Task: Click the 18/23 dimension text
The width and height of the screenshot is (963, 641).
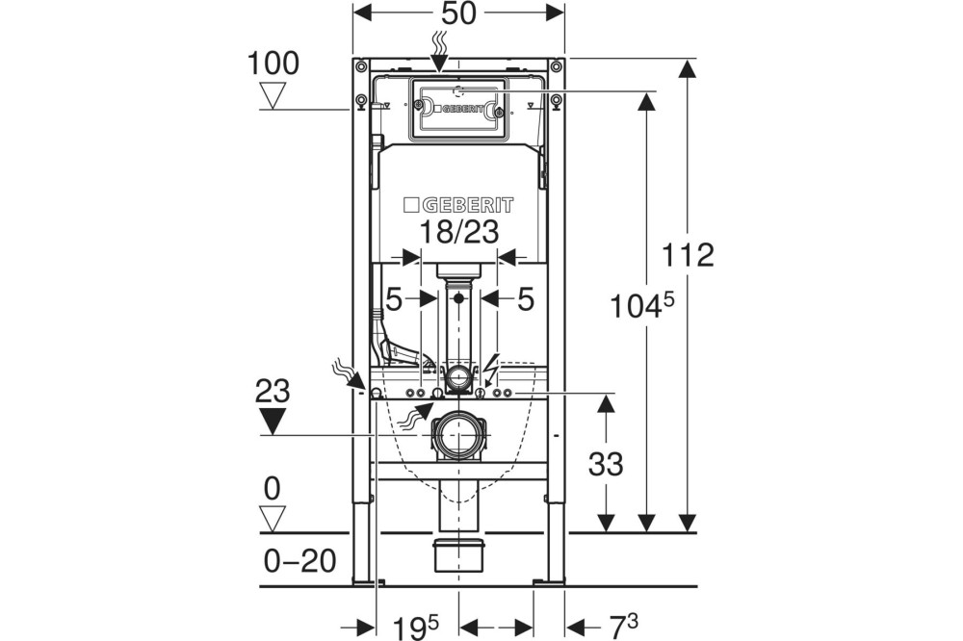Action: click(x=458, y=231)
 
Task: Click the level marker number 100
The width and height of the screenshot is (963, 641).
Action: click(x=273, y=64)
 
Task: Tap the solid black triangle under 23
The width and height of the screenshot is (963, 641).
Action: click(x=273, y=420)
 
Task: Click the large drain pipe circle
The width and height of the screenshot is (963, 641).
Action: click(x=457, y=433)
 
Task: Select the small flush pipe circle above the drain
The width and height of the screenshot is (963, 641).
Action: click(x=458, y=373)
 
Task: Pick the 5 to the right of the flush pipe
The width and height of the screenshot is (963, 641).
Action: click(x=525, y=299)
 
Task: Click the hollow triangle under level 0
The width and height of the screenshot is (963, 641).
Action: click(x=273, y=519)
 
